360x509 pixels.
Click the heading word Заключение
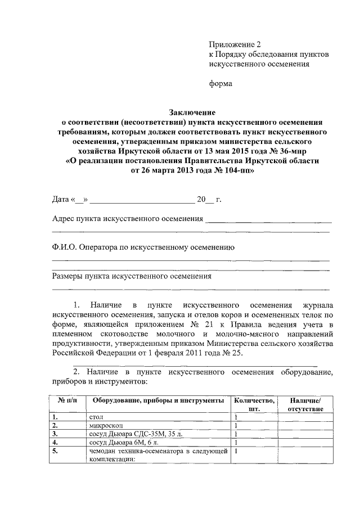(x=192, y=112)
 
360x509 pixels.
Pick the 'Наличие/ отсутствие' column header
(x=305, y=404)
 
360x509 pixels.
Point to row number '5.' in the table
(x=55, y=451)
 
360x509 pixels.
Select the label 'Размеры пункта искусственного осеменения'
(x=132, y=277)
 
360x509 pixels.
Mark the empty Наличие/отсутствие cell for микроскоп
(x=305, y=426)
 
